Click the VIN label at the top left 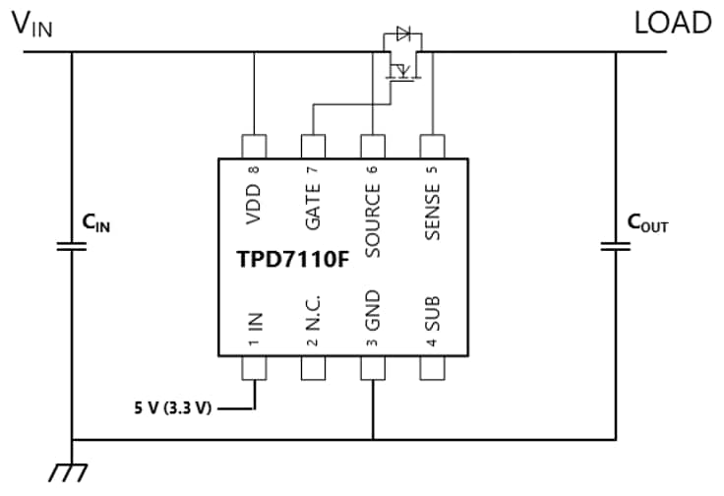(x=31, y=26)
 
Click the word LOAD (x=674, y=24)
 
